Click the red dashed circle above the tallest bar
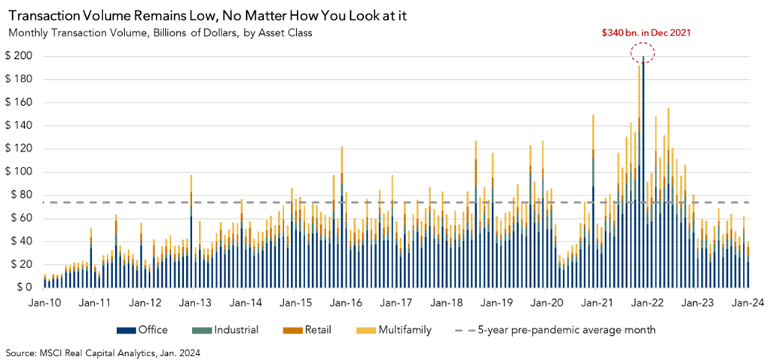(643, 52)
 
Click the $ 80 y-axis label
(20, 195)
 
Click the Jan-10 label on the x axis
(44, 302)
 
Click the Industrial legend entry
(231, 330)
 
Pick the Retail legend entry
(309, 330)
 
